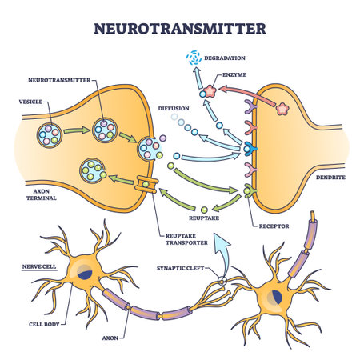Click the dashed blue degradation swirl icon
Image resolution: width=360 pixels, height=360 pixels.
[194, 58]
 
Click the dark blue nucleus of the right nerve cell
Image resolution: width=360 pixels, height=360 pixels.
[274, 299]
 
